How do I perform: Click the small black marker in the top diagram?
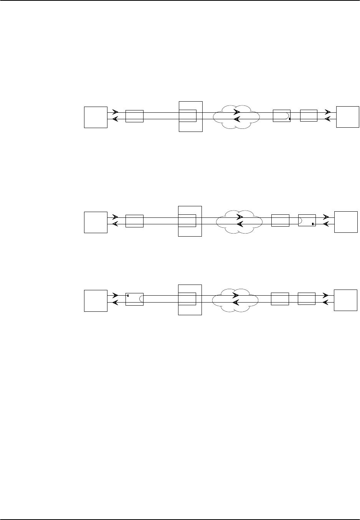[x=289, y=119]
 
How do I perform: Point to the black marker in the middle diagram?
[x=313, y=223]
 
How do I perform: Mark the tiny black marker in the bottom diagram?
[x=128, y=296]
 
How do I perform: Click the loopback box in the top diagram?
[x=281, y=116]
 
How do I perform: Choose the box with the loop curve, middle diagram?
[x=307, y=221]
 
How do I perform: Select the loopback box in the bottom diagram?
[x=134, y=299]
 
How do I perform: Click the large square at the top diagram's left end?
[x=96, y=117]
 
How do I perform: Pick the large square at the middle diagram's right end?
[x=346, y=221]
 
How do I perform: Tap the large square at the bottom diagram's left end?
[x=96, y=300]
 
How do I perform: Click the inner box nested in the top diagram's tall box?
[x=188, y=116]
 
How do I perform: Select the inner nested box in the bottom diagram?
[x=187, y=299]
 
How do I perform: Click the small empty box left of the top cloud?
[x=134, y=116]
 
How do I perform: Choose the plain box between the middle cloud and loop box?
[x=280, y=221]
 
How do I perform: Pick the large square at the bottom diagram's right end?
[x=345, y=299]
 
